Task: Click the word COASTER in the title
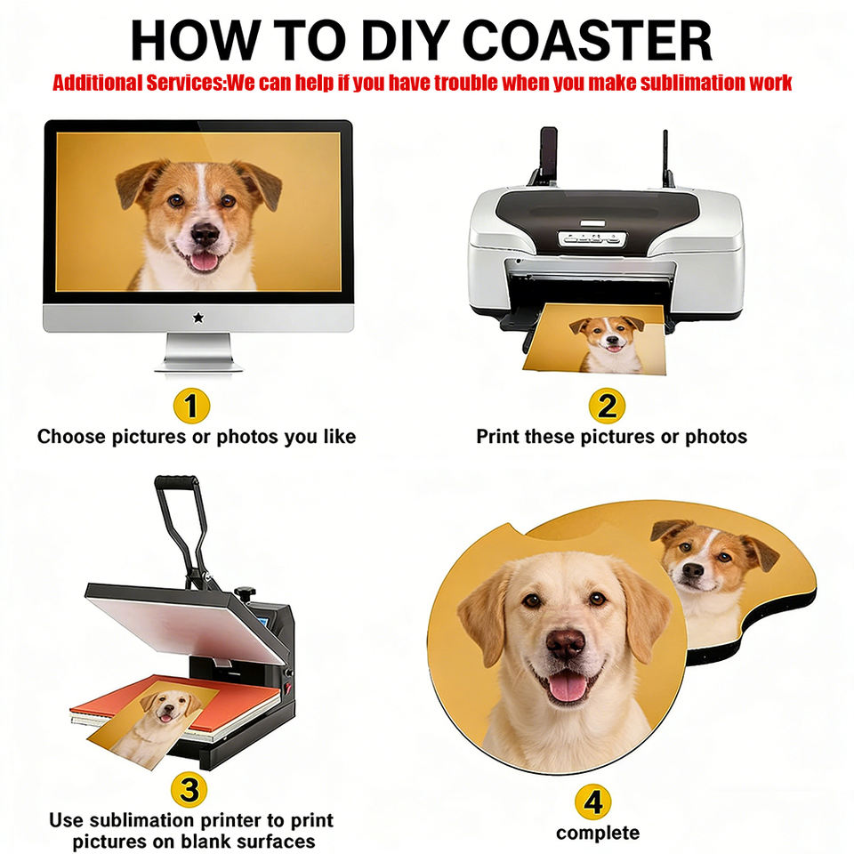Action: (588, 40)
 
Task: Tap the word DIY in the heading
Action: (406, 40)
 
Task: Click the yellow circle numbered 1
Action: (191, 406)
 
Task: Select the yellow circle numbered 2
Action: (607, 406)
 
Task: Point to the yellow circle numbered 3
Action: (189, 790)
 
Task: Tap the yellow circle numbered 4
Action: (592, 802)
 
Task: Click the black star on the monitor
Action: (198, 318)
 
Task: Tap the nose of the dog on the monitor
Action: (205, 235)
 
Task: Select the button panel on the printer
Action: (592, 238)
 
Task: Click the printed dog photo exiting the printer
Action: (596, 339)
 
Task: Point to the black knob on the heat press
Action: (246, 592)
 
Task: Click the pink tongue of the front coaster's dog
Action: (568, 687)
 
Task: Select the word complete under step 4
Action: (598, 834)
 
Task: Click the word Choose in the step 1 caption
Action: (71, 436)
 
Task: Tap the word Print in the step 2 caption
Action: (497, 436)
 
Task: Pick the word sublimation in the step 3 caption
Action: (144, 820)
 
